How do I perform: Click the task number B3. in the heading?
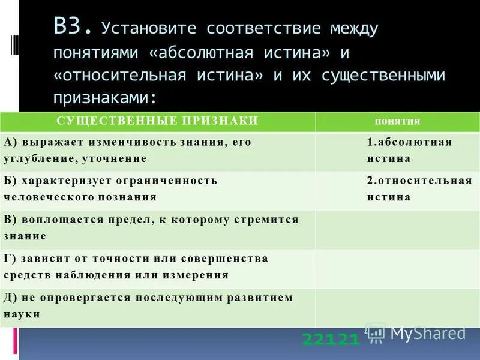point(73,27)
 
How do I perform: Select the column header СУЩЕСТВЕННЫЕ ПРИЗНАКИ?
point(157,121)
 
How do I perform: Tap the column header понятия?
point(397,121)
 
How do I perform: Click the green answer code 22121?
point(331,340)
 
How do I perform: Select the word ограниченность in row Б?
point(158,180)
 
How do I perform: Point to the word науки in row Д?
point(22,314)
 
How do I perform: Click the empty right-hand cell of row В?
point(397,229)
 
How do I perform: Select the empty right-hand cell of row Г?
point(397,269)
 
